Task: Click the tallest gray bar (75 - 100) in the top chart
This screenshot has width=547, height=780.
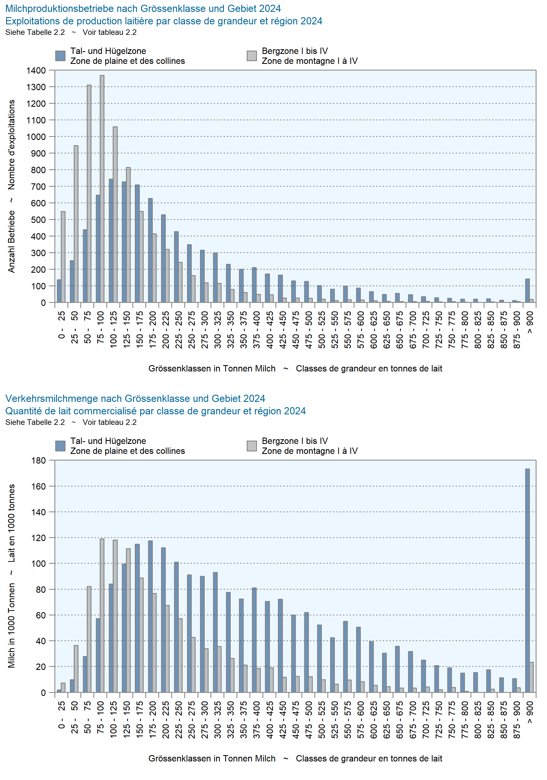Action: (x=102, y=189)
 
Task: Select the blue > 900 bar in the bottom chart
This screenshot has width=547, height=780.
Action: (x=527, y=581)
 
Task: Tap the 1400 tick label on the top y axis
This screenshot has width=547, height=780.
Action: (x=36, y=70)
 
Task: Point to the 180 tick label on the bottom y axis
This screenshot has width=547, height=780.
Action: (x=38, y=460)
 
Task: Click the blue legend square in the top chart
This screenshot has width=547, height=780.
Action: (x=61, y=56)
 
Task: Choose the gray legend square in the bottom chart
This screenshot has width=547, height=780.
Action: (x=252, y=446)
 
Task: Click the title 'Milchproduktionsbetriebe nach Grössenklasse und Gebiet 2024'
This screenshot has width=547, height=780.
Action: (x=143, y=9)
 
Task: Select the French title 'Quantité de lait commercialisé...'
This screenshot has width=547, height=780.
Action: (x=156, y=411)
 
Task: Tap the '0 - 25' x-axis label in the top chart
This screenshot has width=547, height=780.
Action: (x=61, y=326)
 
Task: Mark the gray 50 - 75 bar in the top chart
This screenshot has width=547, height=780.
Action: (x=89, y=194)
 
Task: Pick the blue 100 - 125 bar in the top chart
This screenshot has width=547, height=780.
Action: (x=111, y=241)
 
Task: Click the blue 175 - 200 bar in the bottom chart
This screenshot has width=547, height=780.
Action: (x=150, y=617)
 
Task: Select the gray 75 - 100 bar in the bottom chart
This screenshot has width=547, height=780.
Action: (x=102, y=616)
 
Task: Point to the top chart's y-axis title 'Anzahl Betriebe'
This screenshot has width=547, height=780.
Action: (x=12, y=241)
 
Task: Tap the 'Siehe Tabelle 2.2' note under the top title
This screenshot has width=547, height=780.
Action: (x=35, y=32)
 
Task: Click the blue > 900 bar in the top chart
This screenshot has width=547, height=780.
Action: (x=527, y=291)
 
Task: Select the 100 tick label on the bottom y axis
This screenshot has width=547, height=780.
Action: (x=38, y=564)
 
